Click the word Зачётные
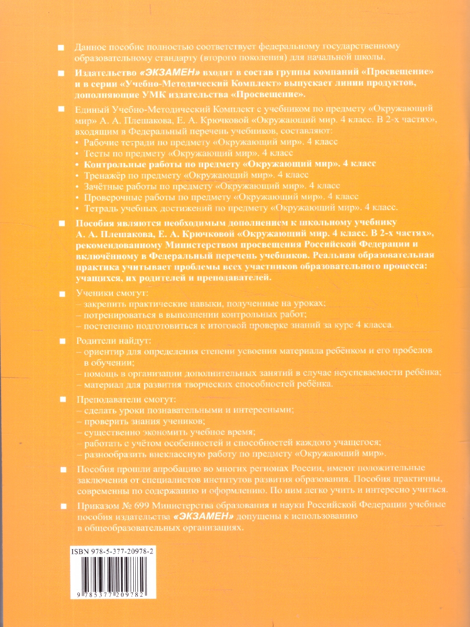click(103, 185)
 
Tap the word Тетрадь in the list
click(99, 207)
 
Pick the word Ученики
click(92, 293)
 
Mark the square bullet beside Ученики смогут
click(62, 293)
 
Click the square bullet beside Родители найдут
click(62, 341)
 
